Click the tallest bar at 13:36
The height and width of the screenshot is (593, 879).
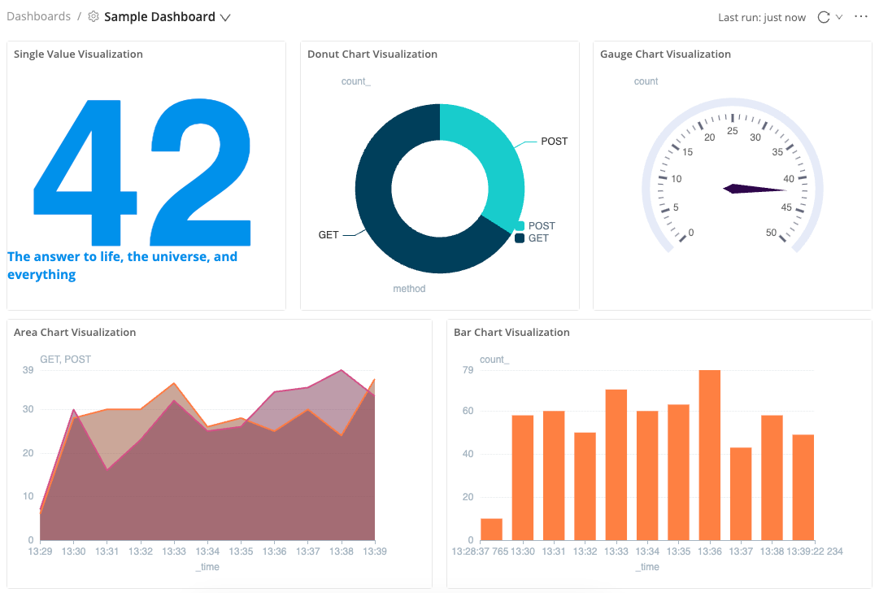click(x=709, y=456)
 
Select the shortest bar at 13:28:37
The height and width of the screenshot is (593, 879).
click(x=491, y=530)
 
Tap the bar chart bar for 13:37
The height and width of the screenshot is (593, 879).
click(x=741, y=494)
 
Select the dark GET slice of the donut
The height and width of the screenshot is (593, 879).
click(x=390, y=228)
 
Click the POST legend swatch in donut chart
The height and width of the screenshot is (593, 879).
click(x=520, y=226)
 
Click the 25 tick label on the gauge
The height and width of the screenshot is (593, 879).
click(x=732, y=131)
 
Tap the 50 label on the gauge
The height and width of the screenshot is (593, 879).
click(x=771, y=233)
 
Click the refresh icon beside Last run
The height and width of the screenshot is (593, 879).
click(x=823, y=17)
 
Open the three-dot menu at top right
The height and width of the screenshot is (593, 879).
click(x=861, y=17)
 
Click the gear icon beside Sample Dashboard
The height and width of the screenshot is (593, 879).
click(x=94, y=17)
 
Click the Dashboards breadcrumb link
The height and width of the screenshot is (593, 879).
click(x=38, y=16)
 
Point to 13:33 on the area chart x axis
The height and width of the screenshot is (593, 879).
click(x=174, y=551)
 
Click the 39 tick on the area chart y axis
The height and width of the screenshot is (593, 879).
click(x=28, y=370)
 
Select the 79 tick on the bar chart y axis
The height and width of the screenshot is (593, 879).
click(x=467, y=371)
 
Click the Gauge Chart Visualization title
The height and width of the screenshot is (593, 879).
click(x=665, y=55)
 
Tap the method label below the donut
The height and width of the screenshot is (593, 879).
click(x=409, y=289)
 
